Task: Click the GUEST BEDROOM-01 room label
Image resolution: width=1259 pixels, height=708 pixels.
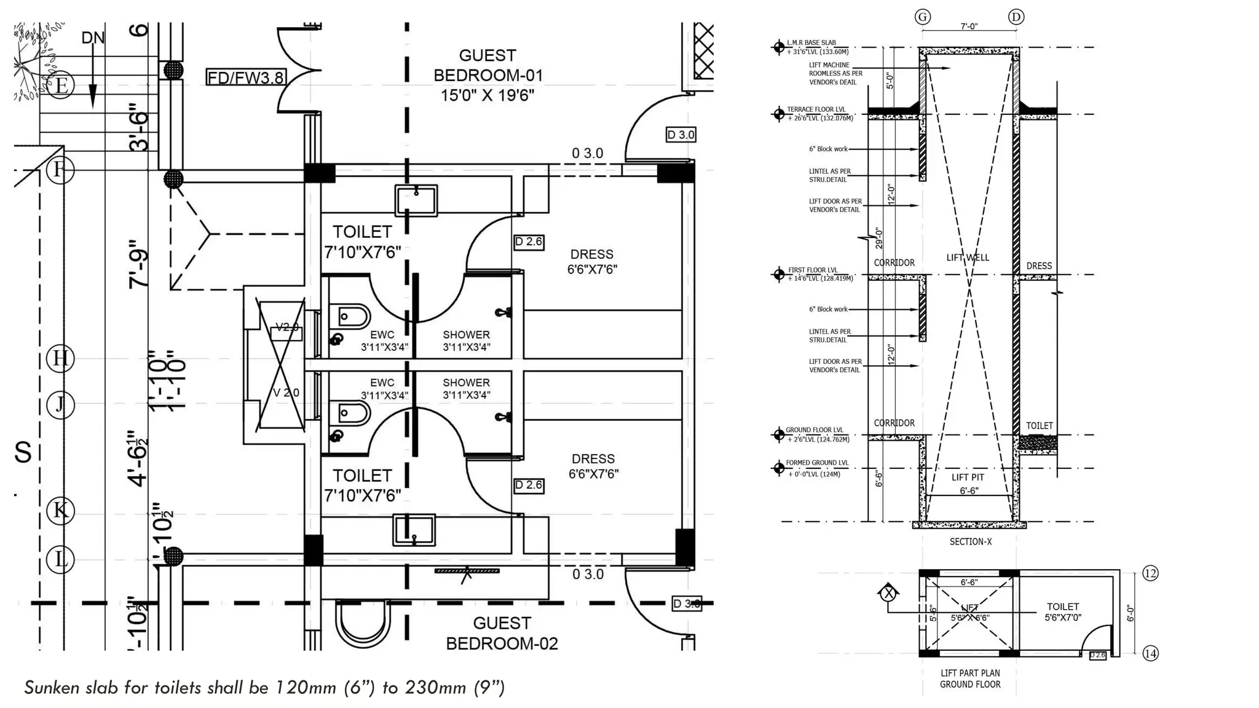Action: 488,75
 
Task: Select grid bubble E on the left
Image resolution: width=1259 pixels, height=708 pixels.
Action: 60,85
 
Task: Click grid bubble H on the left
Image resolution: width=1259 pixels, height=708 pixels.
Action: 60,358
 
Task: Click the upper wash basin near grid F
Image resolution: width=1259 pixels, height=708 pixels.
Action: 416,200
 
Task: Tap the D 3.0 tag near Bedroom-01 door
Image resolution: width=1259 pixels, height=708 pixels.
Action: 681,135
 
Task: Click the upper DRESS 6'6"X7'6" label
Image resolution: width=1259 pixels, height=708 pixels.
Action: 592,262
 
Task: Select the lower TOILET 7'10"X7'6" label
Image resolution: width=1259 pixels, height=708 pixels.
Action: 363,485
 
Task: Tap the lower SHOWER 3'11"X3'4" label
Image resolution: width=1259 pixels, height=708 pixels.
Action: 466,388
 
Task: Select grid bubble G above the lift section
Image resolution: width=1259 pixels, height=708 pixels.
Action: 922,17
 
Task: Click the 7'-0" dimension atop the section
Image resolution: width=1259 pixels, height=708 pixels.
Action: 969,26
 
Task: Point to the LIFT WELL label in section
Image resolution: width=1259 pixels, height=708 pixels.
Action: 968,258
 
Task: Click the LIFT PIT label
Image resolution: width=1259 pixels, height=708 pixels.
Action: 968,478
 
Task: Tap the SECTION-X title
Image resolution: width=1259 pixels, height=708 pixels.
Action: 970,541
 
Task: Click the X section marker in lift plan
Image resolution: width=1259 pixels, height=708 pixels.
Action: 888,593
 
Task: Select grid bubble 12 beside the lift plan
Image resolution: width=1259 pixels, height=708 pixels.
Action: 1150,573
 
